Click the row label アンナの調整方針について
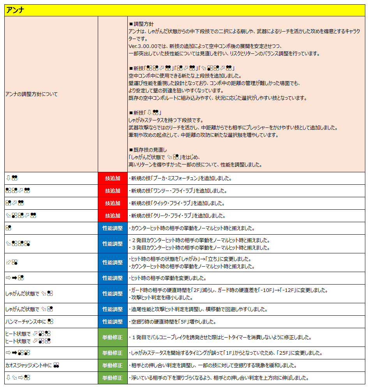[32, 94]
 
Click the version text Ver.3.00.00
[143, 46]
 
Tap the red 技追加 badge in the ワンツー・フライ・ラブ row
[113, 191]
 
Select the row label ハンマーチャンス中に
[25, 322]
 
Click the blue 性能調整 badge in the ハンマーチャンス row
[113, 322]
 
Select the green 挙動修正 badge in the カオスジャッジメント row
[113, 366]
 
